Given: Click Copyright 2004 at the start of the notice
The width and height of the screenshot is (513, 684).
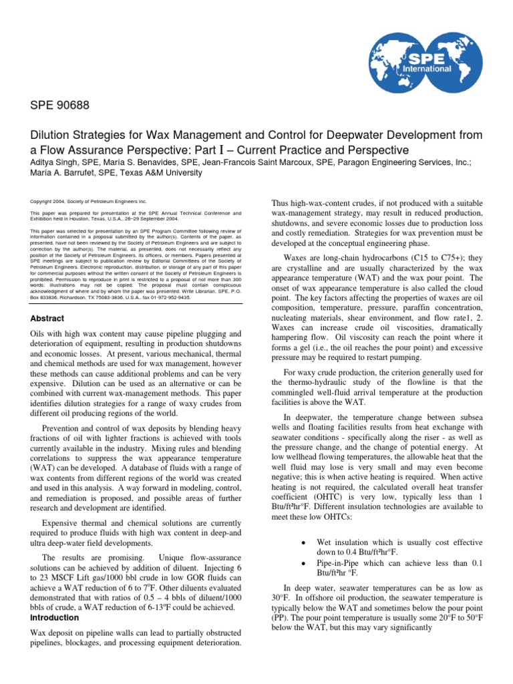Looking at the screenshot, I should coord(51,201).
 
